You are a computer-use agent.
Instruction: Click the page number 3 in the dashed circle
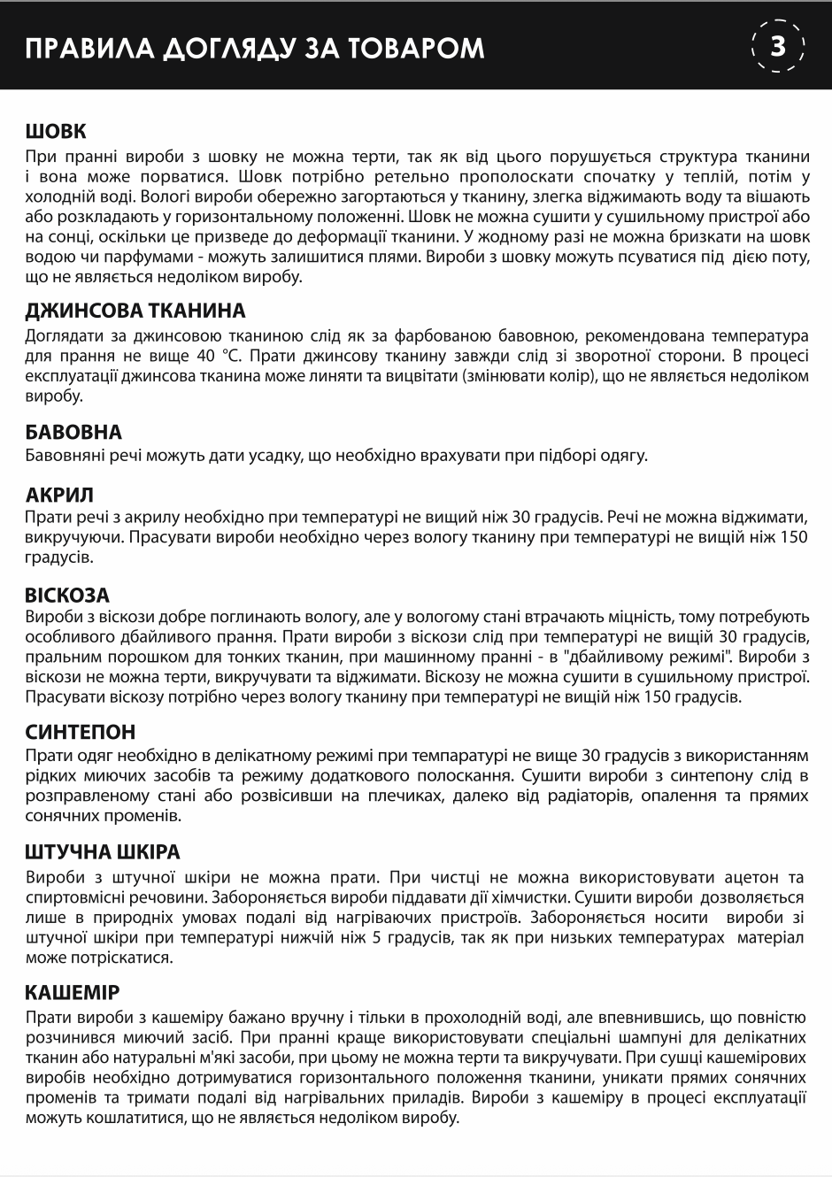[x=778, y=45]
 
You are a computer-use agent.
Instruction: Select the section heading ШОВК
[x=56, y=132]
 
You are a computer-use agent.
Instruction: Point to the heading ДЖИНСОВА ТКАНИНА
[x=135, y=311]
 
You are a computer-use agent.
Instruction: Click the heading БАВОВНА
[x=73, y=433]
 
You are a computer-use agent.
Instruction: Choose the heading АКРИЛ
[x=59, y=495]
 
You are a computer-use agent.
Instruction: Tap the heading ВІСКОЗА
[x=67, y=595]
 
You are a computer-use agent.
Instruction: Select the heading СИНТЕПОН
[x=81, y=732]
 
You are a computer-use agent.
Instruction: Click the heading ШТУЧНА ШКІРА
[x=103, y=852]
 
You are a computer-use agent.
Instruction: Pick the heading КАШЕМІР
[x=73, y=992]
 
